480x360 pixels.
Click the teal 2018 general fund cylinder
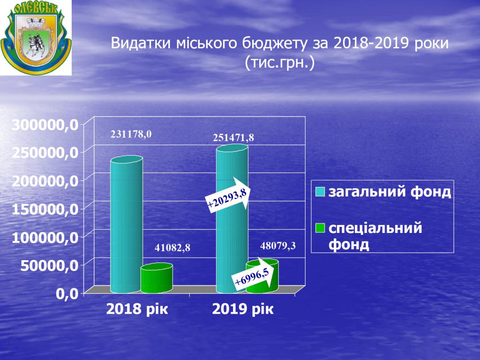point(127,225)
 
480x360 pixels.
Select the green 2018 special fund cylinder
point(157,278)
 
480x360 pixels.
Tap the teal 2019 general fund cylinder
point(232,218)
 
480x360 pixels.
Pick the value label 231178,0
point(131,134)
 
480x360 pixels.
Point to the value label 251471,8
point(233,138)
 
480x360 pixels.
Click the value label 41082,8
point(172,247)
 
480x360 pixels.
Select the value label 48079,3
point(278,246)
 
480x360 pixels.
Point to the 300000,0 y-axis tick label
point(45,124)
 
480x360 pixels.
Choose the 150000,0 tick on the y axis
point(45,210)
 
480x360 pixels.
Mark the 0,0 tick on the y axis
point(67,294)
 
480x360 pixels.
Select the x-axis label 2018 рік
point(137,309)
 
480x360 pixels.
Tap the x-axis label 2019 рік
point(243,309)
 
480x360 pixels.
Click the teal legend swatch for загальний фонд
point(320,192)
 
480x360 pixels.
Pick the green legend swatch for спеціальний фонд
point(320,228)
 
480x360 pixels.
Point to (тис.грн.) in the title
point(280,63)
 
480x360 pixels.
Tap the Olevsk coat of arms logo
point(36,37)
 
